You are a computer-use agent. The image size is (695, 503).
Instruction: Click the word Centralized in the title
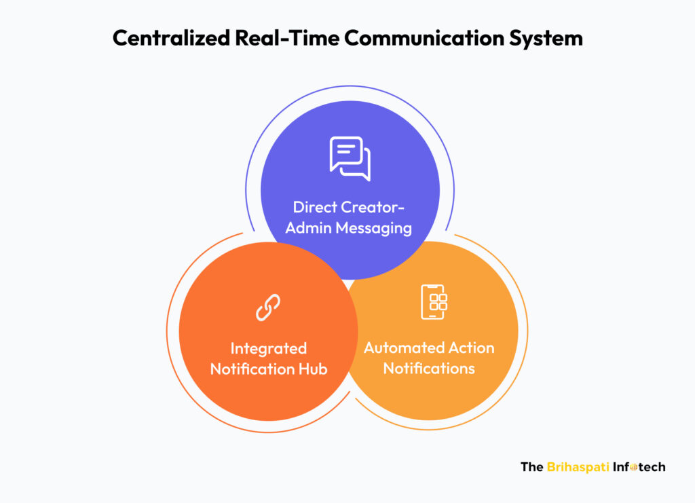pos(171,37)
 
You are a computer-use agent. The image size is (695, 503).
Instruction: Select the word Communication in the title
pos(424,37)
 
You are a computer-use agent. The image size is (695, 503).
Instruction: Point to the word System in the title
pos(546,39)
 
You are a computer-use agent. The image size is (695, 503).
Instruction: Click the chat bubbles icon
pos(350,158)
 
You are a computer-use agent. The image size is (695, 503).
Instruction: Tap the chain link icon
pos(267,307)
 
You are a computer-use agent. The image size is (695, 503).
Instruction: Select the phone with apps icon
pos(434,302)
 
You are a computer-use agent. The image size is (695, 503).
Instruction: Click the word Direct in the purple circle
pos(315,207)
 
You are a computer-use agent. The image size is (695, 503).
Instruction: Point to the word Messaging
pos(374,229)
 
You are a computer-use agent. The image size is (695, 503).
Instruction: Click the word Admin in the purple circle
pos(308,228)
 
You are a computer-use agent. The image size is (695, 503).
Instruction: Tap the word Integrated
pos(269,349)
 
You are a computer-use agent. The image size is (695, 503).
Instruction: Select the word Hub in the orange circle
pos(312,369)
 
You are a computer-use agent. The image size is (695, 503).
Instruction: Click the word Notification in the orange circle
pos(252,369)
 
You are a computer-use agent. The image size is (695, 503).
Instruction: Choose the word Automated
pos(404,348)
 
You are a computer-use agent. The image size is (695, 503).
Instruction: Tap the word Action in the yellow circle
pos(472,348)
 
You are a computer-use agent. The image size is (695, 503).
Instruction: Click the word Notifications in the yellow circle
pos(429,369)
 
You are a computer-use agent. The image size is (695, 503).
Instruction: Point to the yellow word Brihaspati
pos(578,467)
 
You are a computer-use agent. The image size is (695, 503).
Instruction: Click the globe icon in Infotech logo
pos(633,467)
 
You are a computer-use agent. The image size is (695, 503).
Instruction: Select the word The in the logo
pos(532,466)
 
